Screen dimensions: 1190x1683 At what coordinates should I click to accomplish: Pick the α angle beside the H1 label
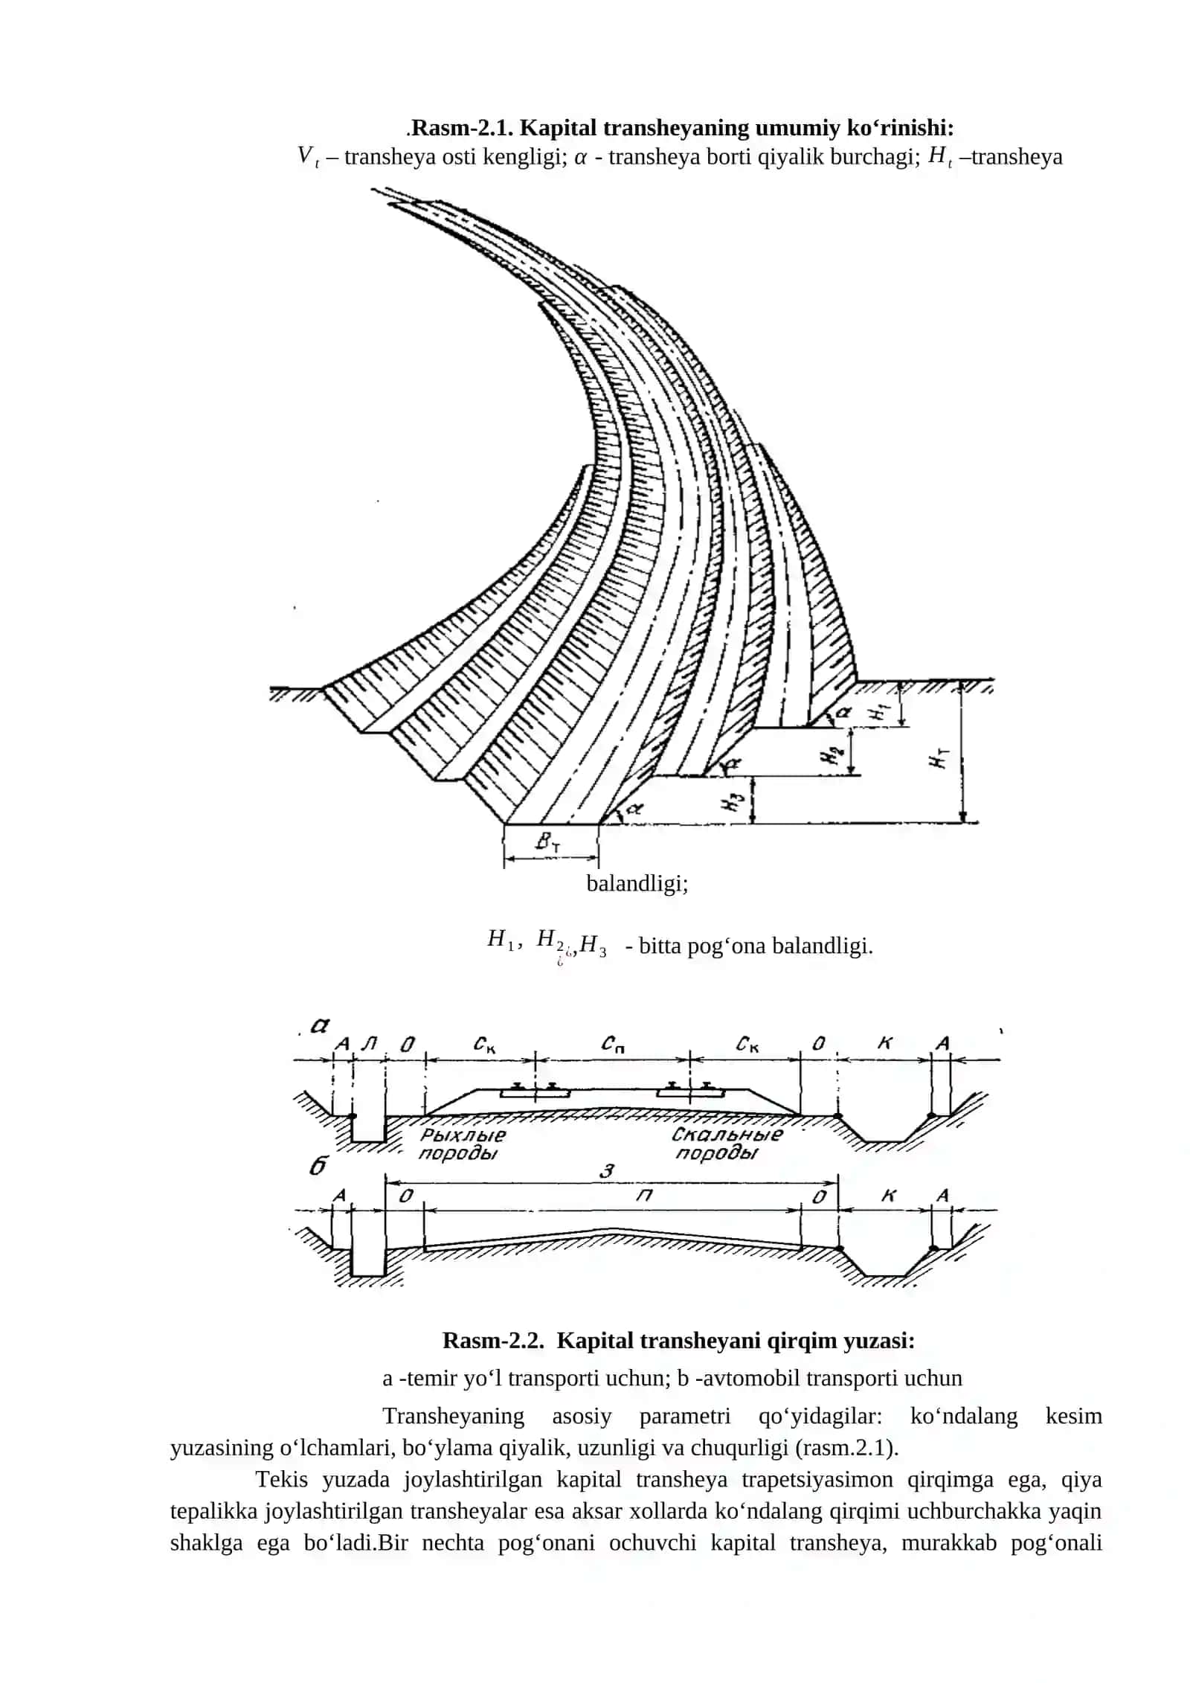(843, 713)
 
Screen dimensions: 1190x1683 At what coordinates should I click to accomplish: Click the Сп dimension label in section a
(613, 1045)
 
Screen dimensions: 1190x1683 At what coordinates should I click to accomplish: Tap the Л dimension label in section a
(369, 1043)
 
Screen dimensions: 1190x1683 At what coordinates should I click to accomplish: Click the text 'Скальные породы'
(727, 1144)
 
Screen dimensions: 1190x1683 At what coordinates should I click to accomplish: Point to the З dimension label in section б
(608, 1171)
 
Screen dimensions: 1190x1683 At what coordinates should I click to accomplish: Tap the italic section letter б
(318, 1166)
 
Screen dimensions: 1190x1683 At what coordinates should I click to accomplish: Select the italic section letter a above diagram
(320, 1027)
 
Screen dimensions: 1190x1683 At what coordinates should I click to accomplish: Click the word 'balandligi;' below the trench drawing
(637, 884)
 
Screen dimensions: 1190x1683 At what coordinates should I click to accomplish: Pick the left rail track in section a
(535, 1090)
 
